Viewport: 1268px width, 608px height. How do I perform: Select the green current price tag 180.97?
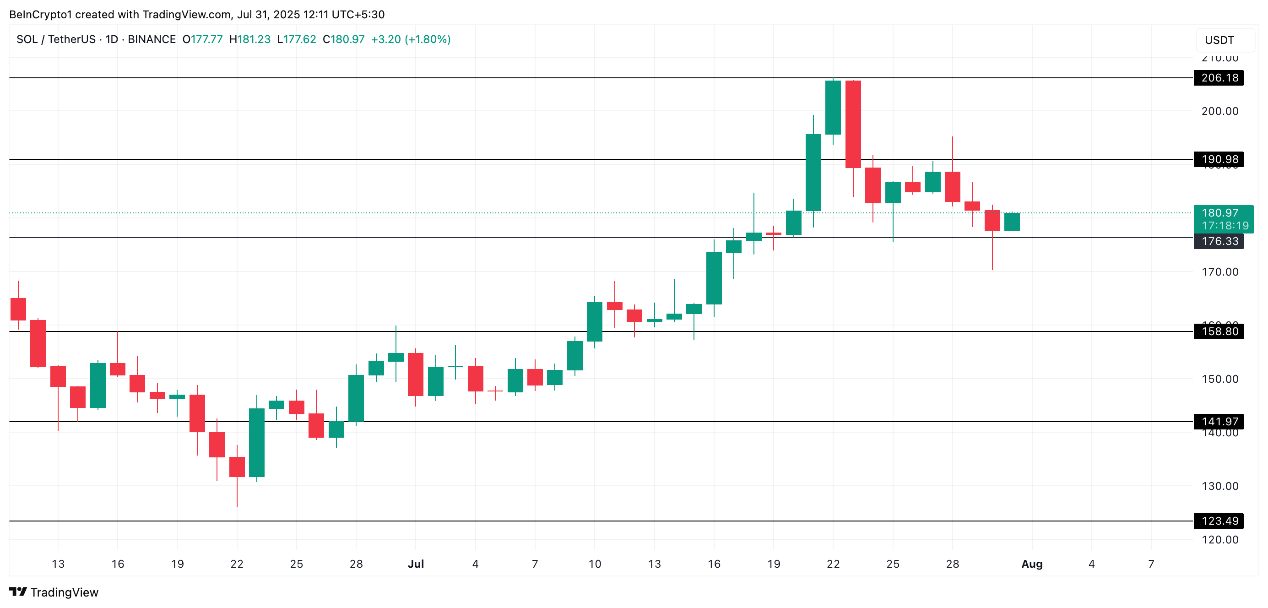pos(1223,214)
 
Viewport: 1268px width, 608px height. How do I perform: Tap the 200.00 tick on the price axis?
pos(1220,111)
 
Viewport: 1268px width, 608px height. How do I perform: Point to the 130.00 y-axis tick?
pos(1220,486)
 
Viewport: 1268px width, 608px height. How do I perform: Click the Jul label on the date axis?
pos(416,564)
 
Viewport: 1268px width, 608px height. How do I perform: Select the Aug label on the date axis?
pos(1032,564)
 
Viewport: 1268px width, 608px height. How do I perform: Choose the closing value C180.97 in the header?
pos(344,39)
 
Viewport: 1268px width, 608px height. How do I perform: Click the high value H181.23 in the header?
pos(250,39)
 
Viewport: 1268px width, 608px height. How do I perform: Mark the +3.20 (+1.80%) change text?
pos(411,39)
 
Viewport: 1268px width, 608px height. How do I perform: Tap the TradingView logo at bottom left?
pos(54,592)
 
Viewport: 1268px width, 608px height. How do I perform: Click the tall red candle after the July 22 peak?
pos(853,124)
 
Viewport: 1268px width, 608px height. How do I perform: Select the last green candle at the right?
pos(1012,222)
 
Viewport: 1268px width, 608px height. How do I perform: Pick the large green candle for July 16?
pos(714,278)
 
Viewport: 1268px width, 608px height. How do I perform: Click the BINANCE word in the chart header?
pos(152,39)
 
